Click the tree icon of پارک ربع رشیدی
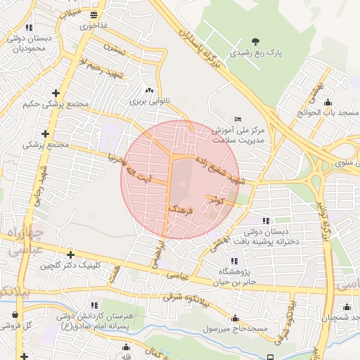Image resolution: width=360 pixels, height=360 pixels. (x=254, y=41)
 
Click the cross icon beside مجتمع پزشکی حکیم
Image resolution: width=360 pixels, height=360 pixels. (x=56, y=92)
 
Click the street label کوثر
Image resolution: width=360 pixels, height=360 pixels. (x=217, y=200)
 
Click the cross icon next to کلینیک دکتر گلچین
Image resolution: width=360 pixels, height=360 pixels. (x=70, y=255)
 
